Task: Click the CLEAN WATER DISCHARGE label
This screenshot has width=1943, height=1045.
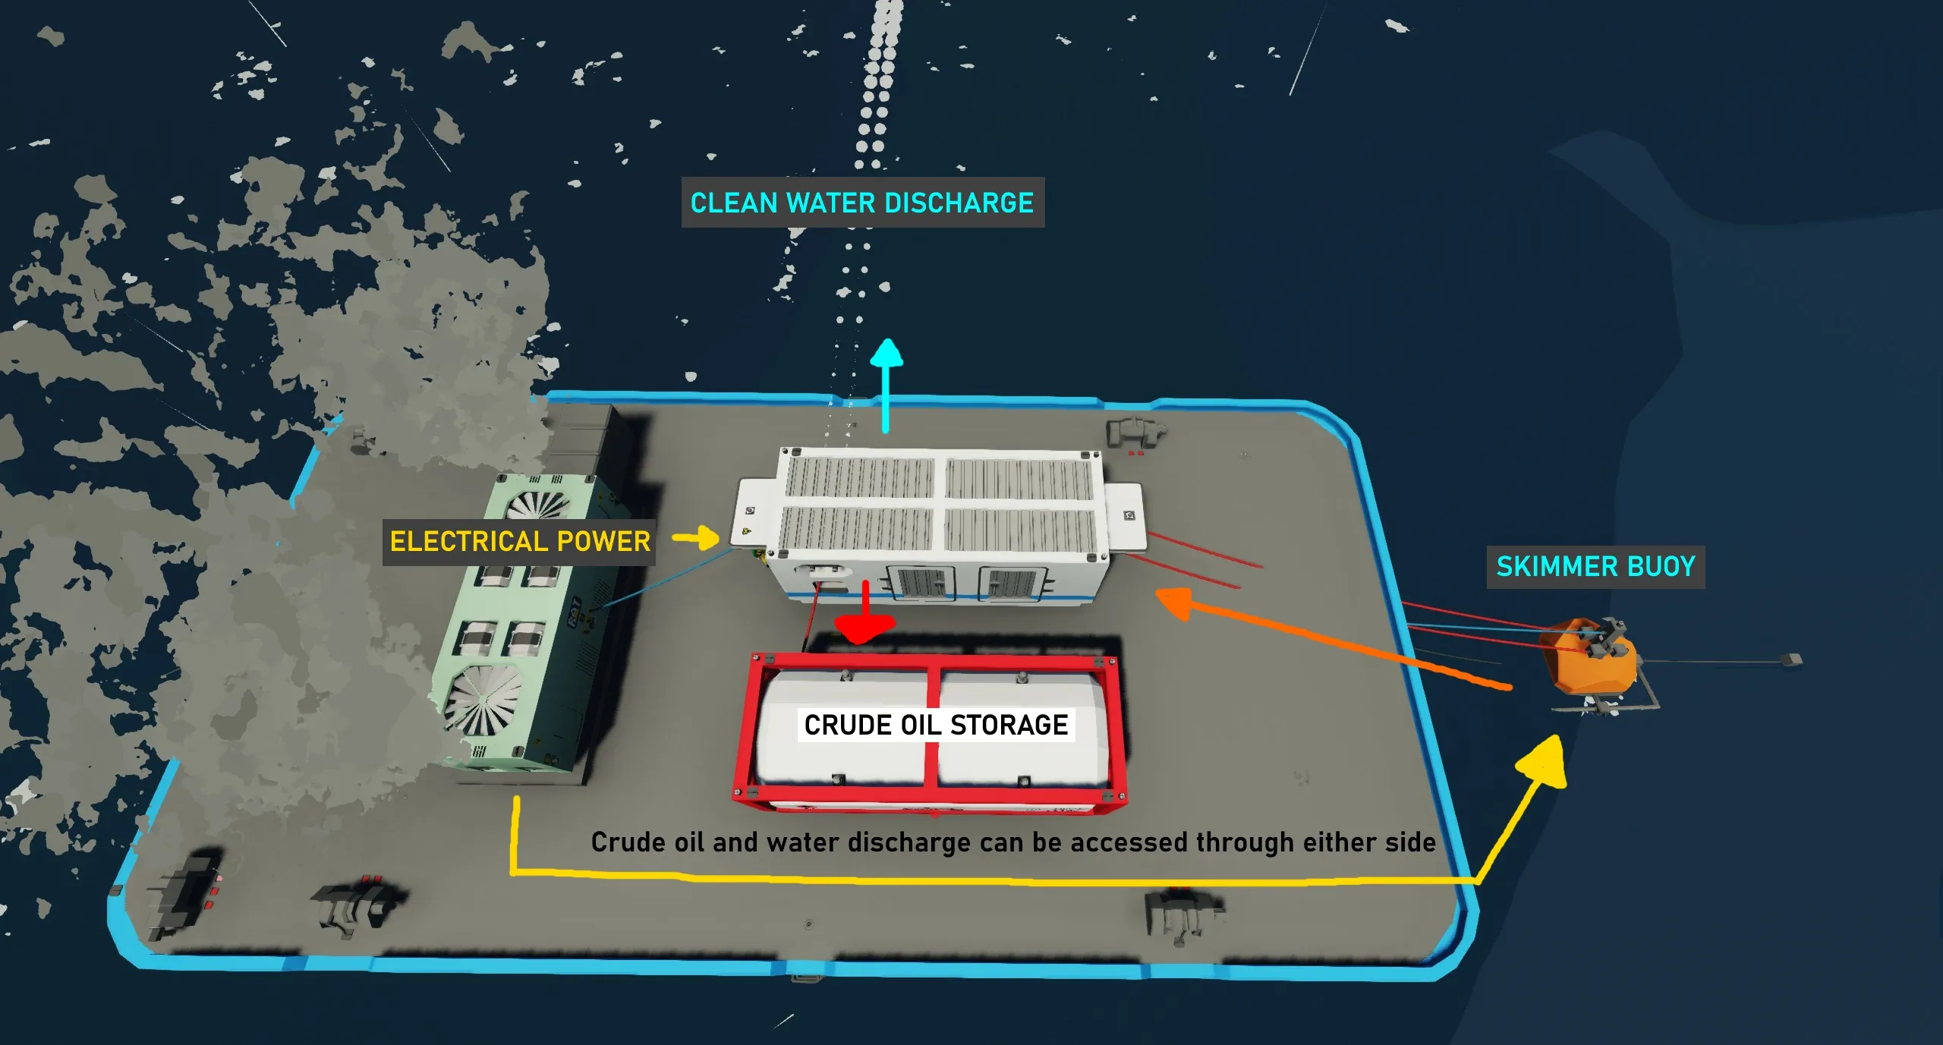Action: pyautogui.click(x=862, y=203)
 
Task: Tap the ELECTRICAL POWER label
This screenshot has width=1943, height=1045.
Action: pyautogui.click(x=520, y=541)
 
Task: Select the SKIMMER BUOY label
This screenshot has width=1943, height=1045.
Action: pyautogui.click(x=1595, y=566)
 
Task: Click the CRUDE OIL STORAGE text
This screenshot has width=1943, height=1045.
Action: pyautogui.click(x=936, y=725)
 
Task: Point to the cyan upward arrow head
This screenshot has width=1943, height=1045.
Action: pyautogui.click(x=886, y=354)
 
